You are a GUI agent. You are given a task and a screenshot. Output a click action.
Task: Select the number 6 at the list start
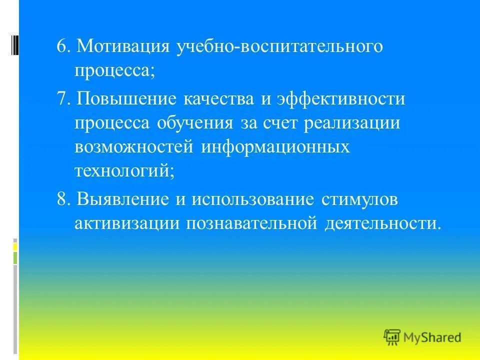[62, 46]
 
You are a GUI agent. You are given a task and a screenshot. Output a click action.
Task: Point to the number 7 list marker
[62, 98]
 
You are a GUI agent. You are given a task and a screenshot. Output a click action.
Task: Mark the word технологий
[124, 171]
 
